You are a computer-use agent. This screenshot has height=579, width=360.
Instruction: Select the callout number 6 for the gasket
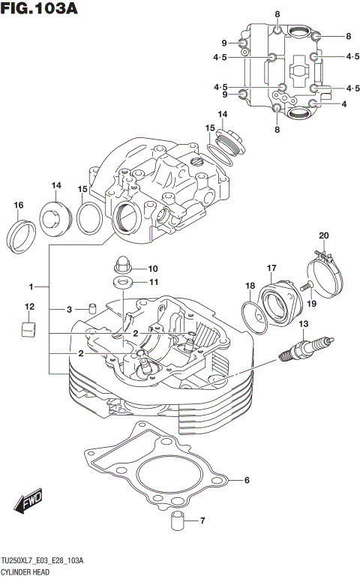[246, 481]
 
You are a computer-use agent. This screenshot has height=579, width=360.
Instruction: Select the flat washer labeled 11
[121, 283]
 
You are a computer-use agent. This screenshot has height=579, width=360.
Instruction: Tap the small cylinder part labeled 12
[28, 329]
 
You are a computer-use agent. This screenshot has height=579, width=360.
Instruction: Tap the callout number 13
[303, 324]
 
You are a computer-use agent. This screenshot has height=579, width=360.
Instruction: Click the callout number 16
[18, 205]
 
